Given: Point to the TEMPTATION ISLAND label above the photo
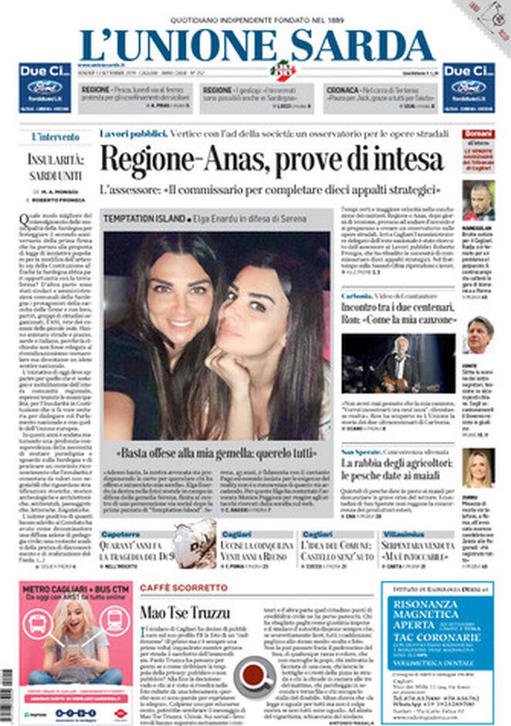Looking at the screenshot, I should (x=145, y=218).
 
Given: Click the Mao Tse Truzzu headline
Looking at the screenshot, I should (x=184, y=613).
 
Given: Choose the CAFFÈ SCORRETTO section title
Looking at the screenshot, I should (x=184, y=588).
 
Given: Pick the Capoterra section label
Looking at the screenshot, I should (x=120, y=534).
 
